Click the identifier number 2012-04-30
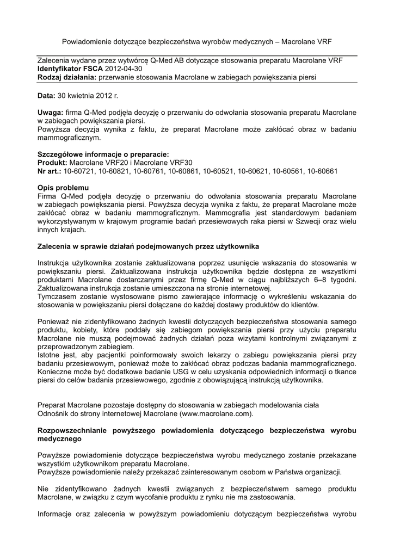coord(125,70)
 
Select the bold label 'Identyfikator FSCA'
coord(69,70)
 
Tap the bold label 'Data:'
coord(46,96)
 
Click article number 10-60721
coord(79,171)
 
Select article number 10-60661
coord(323,171)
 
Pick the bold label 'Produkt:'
coord(52,163)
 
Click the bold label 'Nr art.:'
coord(50,171)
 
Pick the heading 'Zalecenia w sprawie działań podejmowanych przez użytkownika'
coord(148,246)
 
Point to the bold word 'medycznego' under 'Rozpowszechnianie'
coord(59,438)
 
